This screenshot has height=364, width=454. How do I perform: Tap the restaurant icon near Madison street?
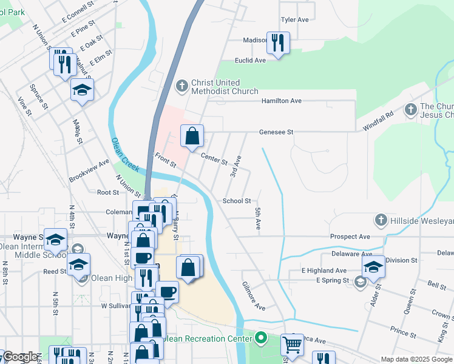(278, 42)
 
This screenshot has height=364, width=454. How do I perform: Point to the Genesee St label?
(276, 132)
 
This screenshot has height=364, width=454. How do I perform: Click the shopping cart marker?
(293, 345)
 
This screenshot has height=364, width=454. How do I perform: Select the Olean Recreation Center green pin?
(261, 337)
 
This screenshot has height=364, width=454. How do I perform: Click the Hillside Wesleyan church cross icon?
(381, 220)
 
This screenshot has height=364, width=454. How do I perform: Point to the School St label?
(237, 201)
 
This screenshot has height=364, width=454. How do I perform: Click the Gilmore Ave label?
(253, 296)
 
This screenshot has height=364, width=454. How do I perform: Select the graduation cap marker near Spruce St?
(82, 90)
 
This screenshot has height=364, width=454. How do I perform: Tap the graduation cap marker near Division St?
(374, 267)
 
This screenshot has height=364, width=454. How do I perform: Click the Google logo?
(20, 357)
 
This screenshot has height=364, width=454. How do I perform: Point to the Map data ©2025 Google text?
(416, 359)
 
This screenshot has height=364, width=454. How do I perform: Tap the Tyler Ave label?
(295, 19)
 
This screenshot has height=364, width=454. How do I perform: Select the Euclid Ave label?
(251, 61)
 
